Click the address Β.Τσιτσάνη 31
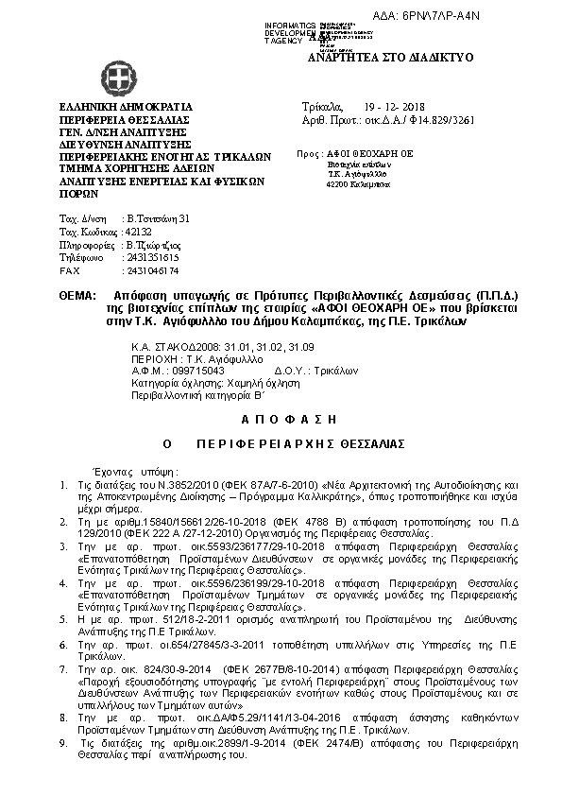point(159,218)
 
